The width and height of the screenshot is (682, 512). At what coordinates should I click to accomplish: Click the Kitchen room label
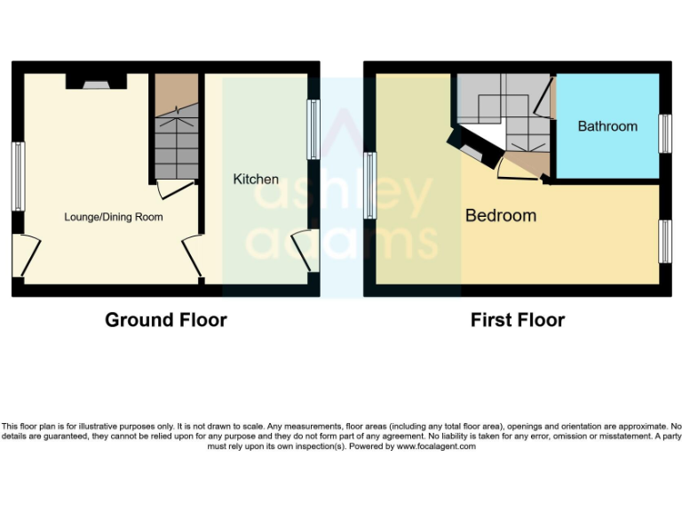(256, 180)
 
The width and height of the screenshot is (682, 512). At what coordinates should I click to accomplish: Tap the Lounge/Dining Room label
(114, 217)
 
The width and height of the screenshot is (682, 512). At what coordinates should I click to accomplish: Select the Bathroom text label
(607, 126)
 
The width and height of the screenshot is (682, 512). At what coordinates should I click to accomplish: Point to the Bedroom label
(501, 216)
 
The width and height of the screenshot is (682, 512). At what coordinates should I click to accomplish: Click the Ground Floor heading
(166, 320)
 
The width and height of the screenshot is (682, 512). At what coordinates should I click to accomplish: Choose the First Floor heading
(518, 320)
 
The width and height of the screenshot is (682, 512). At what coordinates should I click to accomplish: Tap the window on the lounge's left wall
(17, 176)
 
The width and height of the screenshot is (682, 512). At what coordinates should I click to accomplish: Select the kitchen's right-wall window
(313, 129)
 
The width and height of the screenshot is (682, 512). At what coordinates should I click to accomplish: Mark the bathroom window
(663, 134)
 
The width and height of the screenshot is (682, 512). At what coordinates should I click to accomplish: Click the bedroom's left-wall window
(369, 185)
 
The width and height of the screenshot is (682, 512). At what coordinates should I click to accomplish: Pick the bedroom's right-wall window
(663, 241)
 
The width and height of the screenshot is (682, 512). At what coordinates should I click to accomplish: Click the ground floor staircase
(175, 133)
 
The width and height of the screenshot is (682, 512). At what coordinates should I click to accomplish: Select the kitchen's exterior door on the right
(304, 250)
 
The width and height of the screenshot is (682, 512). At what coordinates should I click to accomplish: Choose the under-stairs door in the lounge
(173, 188)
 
